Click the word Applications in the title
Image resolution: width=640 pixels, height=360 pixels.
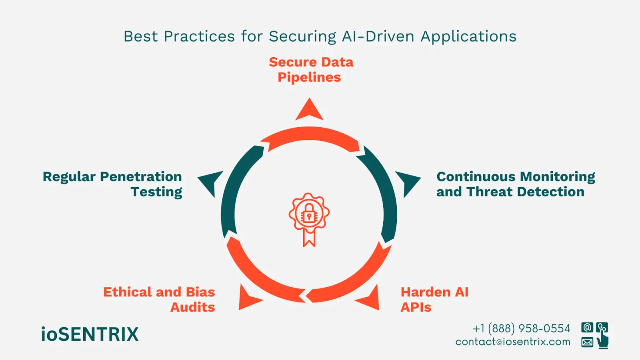click(x=468, y=37)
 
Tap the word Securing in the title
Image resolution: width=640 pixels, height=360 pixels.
click(x=302, y=37)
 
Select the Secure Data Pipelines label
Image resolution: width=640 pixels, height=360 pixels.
click(x=311, y=70)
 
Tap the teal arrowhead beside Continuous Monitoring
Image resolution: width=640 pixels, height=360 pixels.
click(x=407, y=182)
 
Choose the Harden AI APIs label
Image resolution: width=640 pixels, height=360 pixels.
click(x=434, y=300)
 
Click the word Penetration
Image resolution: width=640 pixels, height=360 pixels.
click(x=141, y=177)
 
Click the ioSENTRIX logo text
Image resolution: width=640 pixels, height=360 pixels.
click(x=90, y=334)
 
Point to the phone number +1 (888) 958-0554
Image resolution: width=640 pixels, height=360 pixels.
click(x=521, y=328)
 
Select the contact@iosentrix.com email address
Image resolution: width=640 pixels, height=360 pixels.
click(x=513, y=342)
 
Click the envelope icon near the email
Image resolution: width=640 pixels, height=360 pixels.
click(x=587, y=342)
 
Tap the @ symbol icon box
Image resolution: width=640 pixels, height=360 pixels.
click(x=587, y=328)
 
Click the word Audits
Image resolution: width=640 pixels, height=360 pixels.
click(x=193, y=307)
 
